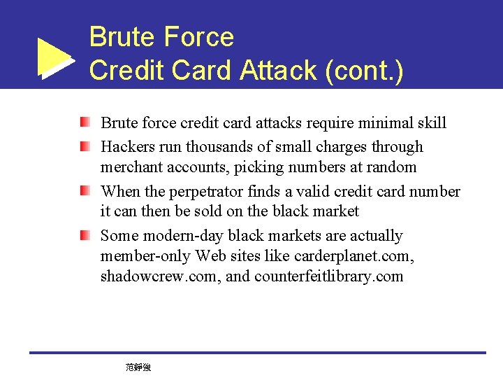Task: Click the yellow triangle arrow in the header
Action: [54, 56]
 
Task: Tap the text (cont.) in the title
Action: [364, 70]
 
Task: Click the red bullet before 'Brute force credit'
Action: [85, 123]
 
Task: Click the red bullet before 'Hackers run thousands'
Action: [85, 147]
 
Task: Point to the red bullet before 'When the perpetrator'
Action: [85, 191]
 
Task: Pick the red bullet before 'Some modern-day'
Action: [85, 235]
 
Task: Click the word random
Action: [393, 167]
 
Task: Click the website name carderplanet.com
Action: [356, 256]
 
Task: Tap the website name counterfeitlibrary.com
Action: [328, 276]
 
